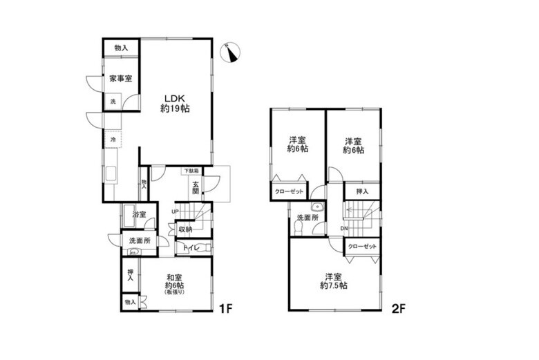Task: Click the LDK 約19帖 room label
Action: [176, 103]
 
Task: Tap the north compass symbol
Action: [231, 53]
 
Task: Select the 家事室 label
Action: [121, 79]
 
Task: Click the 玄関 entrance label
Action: [196, 188]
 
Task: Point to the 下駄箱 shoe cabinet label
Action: [191, 171]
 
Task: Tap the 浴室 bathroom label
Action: [139, 214]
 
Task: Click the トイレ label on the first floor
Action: [191, 247]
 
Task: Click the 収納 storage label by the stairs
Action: [185, 229]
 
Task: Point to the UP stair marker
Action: [176, 211]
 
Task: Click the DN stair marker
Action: [343, 229]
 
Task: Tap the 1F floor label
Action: [226, 308]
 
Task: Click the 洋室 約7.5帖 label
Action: [333, 281]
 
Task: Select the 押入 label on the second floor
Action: [362, 191]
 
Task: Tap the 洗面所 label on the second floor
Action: [308, 218]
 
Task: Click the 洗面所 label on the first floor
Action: [139, 240]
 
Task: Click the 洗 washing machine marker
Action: [113, 102]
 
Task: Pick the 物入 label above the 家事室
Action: [121, 48]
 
